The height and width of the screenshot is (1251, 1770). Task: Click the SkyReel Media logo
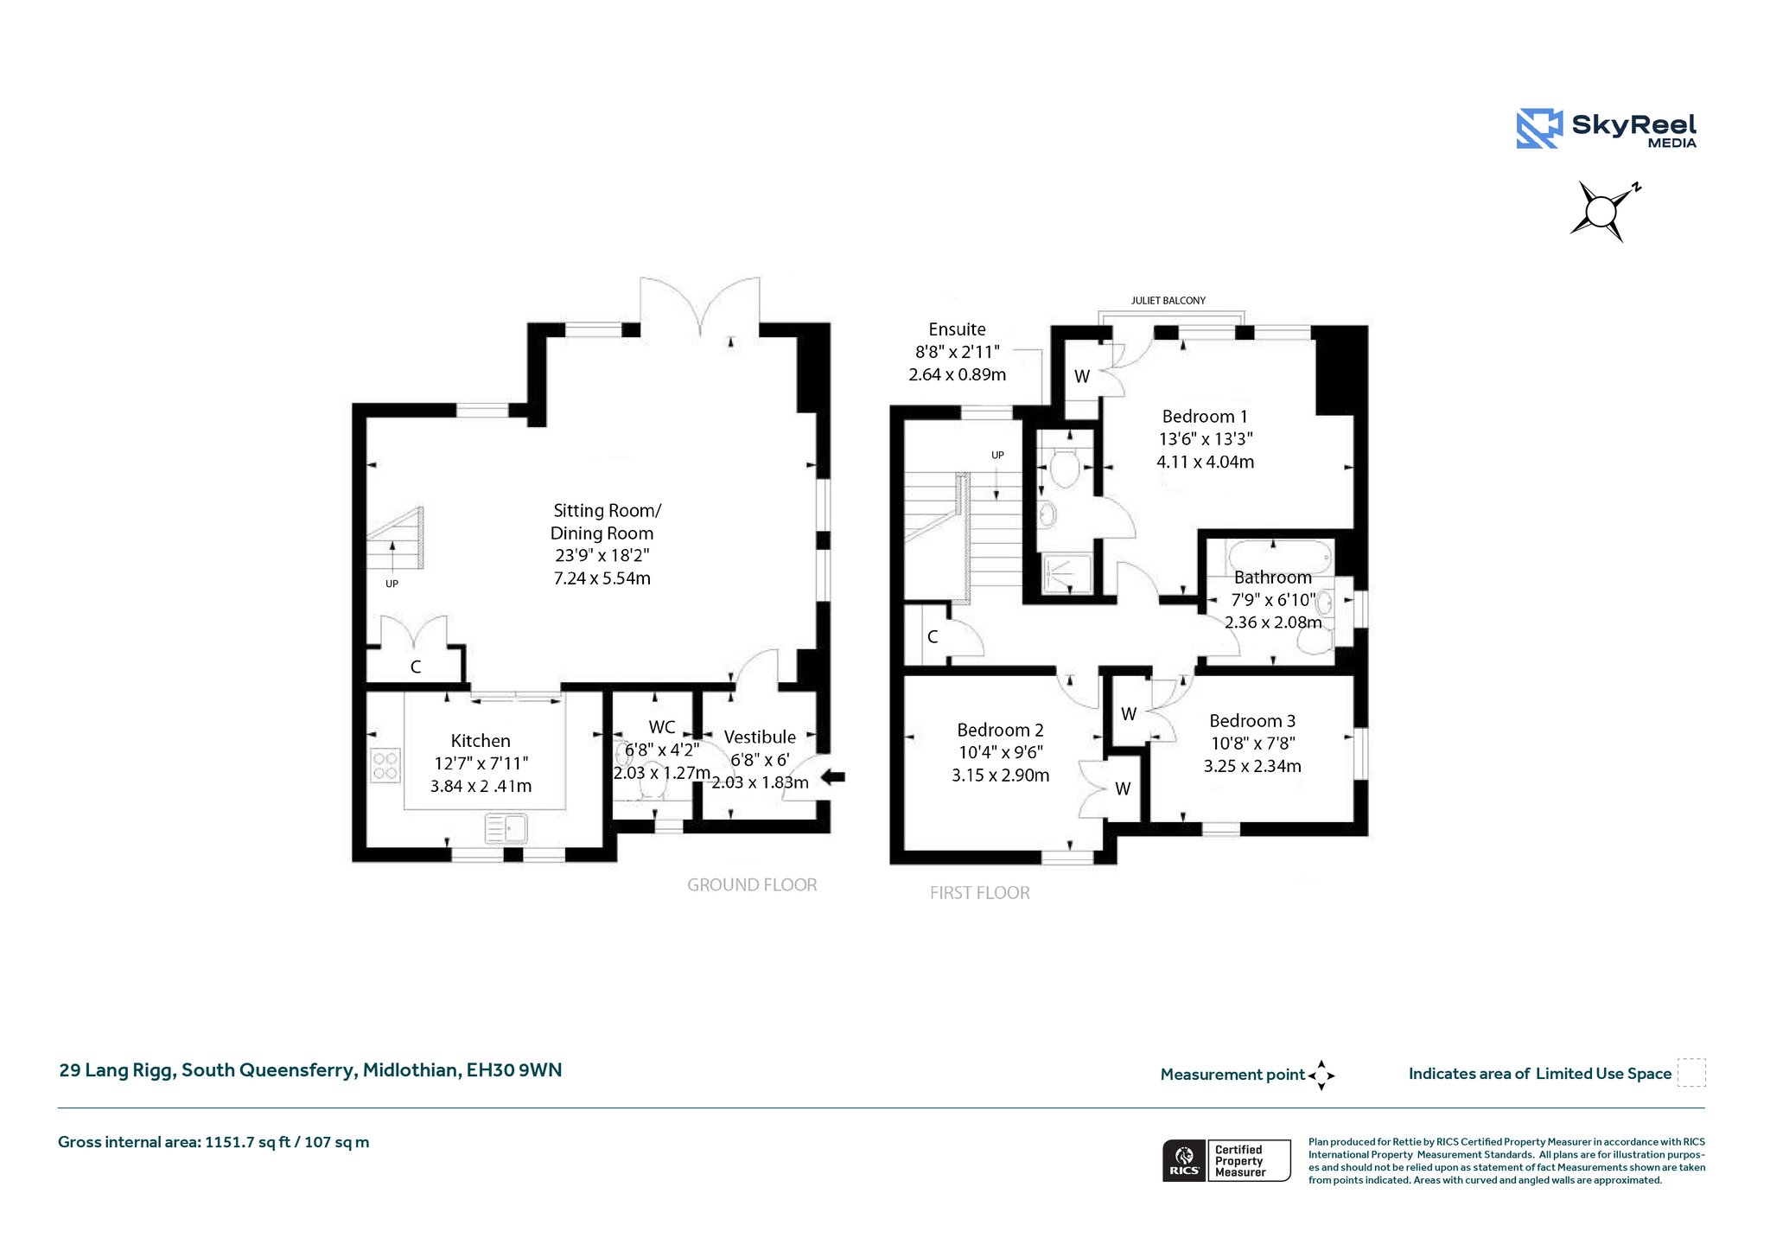click(x=1607, y=129)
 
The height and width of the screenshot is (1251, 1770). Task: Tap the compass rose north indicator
click(x=1635, y=187)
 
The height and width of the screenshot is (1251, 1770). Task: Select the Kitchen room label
click(x=481, y=741)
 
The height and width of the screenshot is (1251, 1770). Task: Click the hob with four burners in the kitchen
click(x=385, y=765)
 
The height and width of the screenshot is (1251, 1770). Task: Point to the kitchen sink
click(x=506, y=828)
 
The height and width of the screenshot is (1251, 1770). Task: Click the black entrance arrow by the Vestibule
click(x=832, y=776)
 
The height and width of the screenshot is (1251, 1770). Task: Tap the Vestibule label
click(x=760, y=737)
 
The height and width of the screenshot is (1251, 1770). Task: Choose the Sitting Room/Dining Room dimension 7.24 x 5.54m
click(x=602, y=578)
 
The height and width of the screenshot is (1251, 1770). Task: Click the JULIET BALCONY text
click(x=1168, y=301)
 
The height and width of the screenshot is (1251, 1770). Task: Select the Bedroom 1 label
click(x=1205, y=417)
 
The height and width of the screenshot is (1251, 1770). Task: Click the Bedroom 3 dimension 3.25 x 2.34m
click(x=1252, y=766)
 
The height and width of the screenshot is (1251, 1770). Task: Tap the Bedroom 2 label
click(x=1000, y=731)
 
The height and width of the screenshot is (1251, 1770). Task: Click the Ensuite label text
click(x=957, y=329)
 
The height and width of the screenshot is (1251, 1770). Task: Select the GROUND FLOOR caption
click(x=752, y=885)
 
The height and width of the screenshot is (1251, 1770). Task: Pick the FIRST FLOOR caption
click(x=980, y=893)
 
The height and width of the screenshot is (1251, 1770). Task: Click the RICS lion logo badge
click(x=1185, y=1160)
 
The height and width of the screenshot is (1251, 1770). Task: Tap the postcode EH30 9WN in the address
click(x=514, y=1070)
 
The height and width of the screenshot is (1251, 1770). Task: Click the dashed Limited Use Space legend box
click(x=1691, y=1073)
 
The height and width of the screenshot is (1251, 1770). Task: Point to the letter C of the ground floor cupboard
click(x=416, y=667)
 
